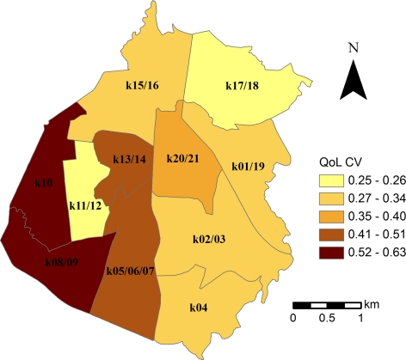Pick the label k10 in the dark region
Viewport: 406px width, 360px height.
[x=43, y=183]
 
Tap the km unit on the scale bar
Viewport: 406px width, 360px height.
[x=371, y=303]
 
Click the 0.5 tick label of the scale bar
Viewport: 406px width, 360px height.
[x=326, y=319]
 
